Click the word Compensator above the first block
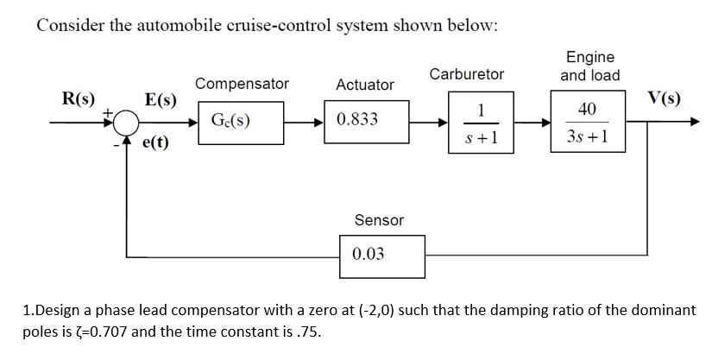242,84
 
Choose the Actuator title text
364,85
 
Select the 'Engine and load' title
589,66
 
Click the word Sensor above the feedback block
379,220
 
